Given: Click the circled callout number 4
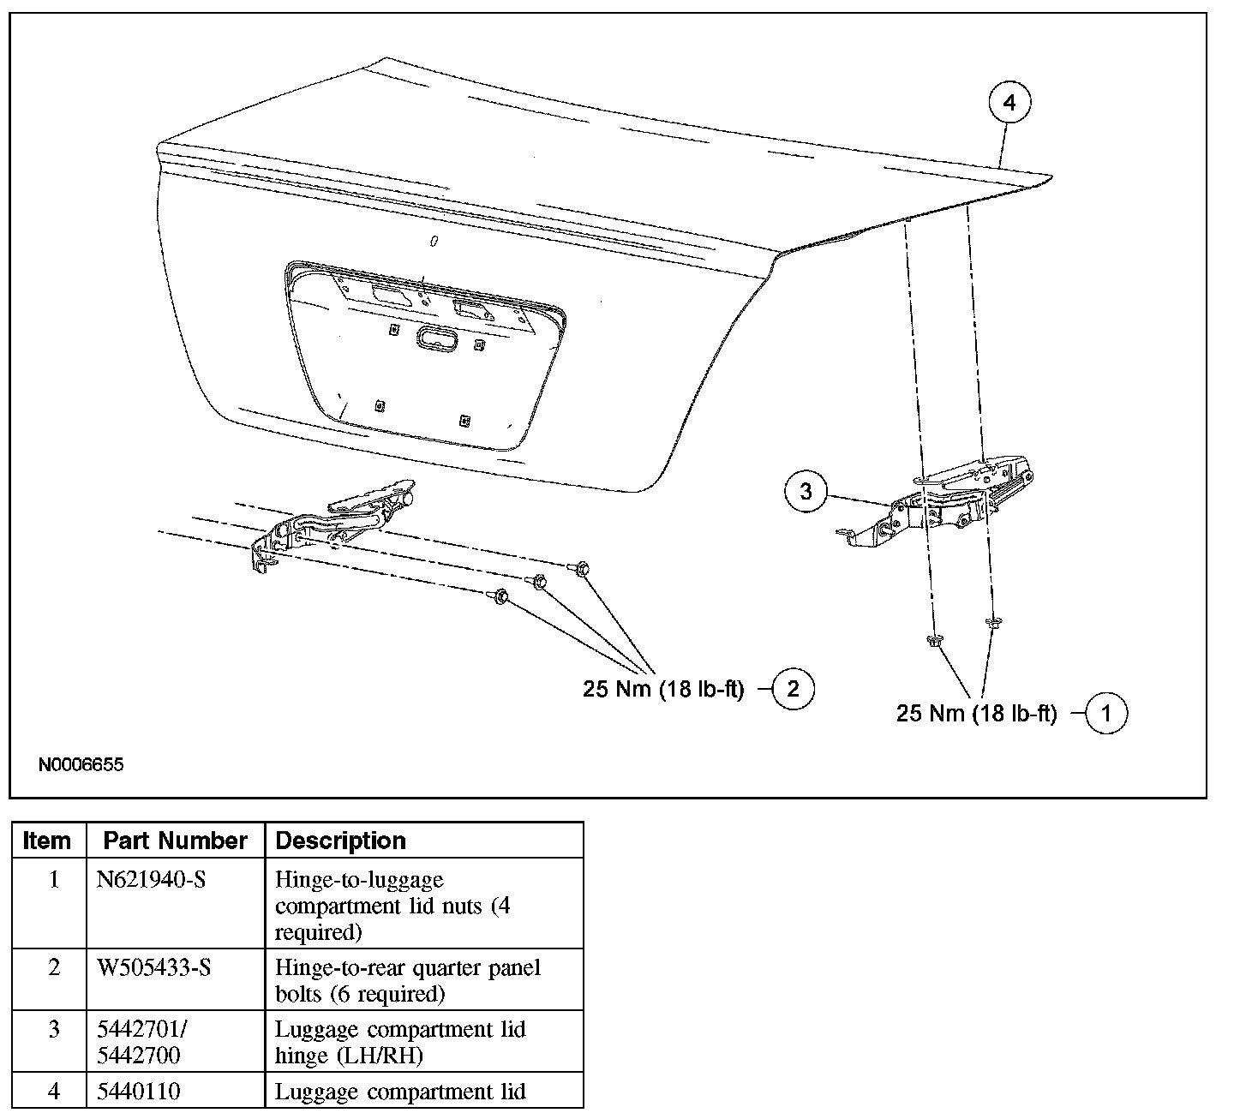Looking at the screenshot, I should click(1009, 103).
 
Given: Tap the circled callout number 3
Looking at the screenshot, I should click(806, 492).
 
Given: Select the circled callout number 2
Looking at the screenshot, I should click(793, 689).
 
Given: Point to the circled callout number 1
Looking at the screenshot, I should click(1105, 714).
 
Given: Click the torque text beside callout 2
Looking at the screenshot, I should click(663, 690).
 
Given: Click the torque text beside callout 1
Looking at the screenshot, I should click(976, 714).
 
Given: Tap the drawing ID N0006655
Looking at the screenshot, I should click(81, 764).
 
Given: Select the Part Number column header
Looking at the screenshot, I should click(175, 841).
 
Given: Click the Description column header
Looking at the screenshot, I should click(341, 841).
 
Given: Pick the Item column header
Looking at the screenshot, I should click(47, 841).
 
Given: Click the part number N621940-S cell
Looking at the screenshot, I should click(152, 880).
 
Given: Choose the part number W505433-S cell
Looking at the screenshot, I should click(154, 967).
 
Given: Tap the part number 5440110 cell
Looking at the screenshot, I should click(139, 1092).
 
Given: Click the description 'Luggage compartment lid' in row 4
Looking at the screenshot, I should click(400, 1092).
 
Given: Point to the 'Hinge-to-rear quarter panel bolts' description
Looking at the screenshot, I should click(408, 980).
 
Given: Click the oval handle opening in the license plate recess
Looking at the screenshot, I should click(438, 339).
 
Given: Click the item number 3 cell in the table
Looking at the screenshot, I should click(54, 1029).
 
